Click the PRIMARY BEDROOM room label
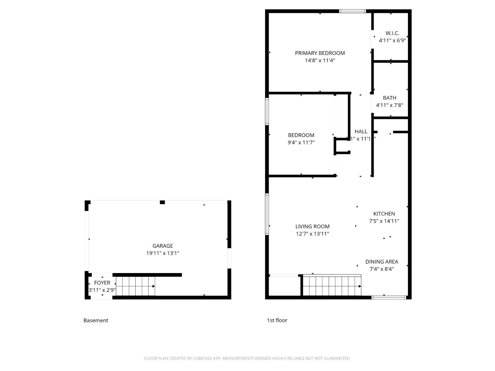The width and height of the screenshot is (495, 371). coord(320,53)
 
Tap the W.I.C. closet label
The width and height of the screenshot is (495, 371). coord(392,33)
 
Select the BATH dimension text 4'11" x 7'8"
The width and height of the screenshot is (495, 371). coord(389,105)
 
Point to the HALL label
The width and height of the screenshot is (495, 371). coord(361,132)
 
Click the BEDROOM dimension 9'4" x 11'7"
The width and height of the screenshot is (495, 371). coord(301,142)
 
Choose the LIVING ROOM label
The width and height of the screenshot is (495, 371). coord(312,227)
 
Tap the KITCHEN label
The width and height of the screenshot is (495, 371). coord(384,214)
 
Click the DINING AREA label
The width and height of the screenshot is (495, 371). coord(381,262)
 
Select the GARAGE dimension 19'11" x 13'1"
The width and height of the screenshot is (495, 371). coord(163,253)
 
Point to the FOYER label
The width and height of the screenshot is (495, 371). coord(102,283)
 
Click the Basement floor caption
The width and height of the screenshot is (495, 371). coord(96,320)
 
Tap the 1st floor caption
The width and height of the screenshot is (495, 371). coord(277,320)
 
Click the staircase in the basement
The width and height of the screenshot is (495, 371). coord(135,286)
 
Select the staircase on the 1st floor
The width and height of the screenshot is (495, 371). coord(332,286)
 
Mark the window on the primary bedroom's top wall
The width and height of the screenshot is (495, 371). coord(352,11)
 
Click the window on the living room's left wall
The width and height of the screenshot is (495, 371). coord(267,214)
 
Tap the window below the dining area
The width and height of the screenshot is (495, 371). coord(389,297)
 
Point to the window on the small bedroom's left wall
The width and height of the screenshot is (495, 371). coord(267,111)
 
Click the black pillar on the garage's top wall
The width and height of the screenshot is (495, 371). coord(162,202)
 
